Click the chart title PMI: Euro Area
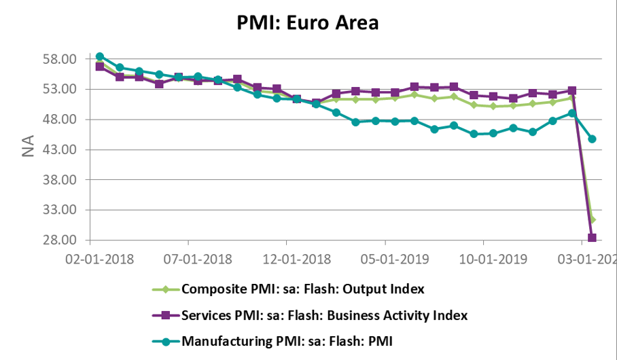point(308,22)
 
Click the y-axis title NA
point(28,148)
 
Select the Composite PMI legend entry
point(302,289)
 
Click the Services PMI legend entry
point(324,315)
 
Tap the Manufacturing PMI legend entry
point(287,341)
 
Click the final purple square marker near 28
point(592,238)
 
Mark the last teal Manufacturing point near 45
point(592,139)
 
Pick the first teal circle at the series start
point(100,56)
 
